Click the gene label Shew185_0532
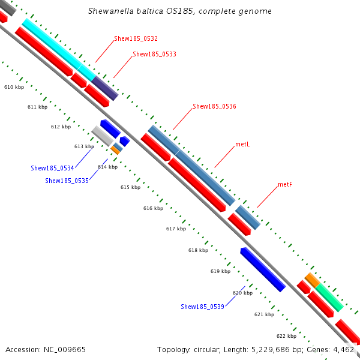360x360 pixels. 136,38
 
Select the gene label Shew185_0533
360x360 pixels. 154,54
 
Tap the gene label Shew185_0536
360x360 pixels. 214,106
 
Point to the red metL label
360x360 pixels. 242,145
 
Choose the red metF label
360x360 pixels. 285,184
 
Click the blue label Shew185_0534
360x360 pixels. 52,168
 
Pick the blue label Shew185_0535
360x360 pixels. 67,181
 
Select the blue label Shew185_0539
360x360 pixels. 202,307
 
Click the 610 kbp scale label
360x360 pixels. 14,88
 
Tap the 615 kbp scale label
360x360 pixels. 130,188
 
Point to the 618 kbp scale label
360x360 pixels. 198,250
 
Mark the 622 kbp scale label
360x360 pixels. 286,336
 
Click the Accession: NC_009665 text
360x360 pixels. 46,349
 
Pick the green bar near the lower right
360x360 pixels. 329,298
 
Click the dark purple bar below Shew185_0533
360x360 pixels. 105,88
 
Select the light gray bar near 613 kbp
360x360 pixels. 102,136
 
